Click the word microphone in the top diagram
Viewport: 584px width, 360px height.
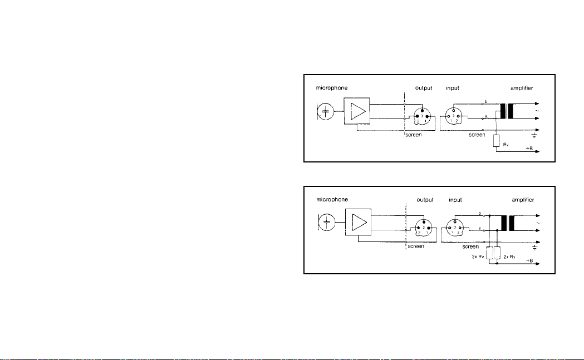[332, 87]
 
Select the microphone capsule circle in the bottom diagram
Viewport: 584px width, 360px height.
[327, 223]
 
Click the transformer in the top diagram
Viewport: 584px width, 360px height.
[506, 111]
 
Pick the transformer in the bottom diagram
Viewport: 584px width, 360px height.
[507, 223]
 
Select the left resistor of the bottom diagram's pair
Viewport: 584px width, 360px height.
[489, 253]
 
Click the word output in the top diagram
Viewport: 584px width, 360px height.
[424, 87]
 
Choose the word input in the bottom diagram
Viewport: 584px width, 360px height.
[457, 199]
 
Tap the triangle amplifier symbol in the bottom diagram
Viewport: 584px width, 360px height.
[357, 223]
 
